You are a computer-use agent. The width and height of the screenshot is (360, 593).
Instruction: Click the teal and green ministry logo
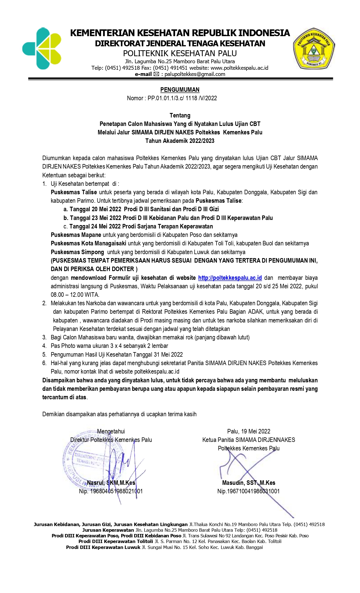(42, 49)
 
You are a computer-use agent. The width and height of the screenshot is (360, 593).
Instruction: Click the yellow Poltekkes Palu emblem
(314, 49)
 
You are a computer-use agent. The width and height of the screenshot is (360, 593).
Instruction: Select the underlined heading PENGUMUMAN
(180, 90)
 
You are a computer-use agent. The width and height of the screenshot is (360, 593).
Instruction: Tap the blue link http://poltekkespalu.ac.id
(230, 278)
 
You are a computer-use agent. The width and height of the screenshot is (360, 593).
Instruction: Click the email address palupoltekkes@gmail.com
(195, 74)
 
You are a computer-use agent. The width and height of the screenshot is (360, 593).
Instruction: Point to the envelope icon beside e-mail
(156, 74)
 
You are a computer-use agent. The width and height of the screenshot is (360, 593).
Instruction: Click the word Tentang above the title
(180, 115)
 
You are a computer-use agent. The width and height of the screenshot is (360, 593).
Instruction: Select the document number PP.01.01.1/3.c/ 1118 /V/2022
(182, 98)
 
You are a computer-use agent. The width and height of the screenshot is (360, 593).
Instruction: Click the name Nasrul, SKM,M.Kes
(111, 483)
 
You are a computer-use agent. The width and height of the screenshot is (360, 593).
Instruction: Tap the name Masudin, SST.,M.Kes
(248, 483)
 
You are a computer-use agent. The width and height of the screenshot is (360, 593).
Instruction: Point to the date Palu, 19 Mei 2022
(248, 431)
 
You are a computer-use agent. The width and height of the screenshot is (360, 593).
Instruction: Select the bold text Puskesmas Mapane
(76, 235)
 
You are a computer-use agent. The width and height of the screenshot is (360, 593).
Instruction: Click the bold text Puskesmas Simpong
(77, 252)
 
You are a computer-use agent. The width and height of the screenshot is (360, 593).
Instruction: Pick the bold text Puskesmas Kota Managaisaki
(88, 243)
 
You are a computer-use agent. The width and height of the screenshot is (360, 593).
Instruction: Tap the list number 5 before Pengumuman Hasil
(44, 355)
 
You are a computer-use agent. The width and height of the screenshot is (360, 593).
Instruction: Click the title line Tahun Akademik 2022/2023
(180, 141)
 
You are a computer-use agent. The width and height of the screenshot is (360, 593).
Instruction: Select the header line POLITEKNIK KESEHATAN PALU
(180, 53)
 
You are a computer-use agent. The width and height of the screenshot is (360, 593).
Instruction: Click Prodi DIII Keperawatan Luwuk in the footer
(103, 547)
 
